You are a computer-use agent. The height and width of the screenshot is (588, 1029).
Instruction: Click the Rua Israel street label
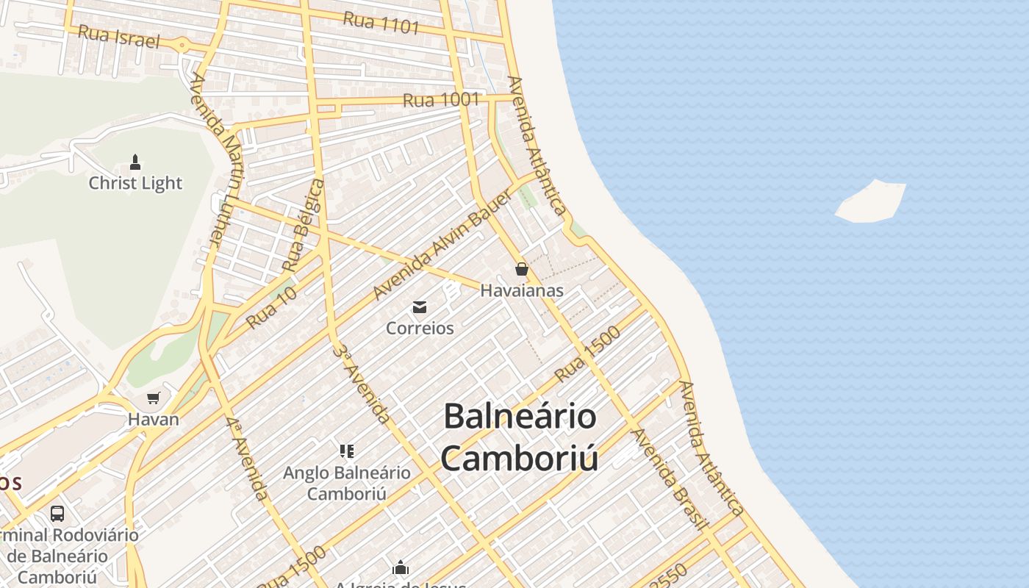pos(118,36)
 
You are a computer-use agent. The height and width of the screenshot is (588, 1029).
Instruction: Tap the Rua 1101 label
pos(381,23)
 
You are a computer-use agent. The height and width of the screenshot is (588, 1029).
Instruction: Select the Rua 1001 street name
pos(441,100)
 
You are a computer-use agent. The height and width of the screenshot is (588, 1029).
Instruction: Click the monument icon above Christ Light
pos(135,162)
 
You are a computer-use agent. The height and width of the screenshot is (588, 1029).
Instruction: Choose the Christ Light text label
pos(135,183)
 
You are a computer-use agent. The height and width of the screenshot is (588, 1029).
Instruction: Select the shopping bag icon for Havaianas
pos(522,269)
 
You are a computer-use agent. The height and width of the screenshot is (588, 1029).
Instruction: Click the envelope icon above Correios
pos(420,307)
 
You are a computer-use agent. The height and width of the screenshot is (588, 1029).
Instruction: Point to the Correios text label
pos(420,328)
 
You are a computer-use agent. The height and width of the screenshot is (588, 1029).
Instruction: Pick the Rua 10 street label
pos(271,307)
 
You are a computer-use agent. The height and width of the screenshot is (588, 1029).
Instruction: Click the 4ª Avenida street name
pos(247,459)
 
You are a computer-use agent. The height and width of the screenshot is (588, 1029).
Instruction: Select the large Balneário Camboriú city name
pos(519,437)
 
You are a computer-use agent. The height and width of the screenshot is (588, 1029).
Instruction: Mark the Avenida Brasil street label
pos(670,478)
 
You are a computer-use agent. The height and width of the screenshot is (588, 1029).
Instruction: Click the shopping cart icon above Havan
pos(154,398)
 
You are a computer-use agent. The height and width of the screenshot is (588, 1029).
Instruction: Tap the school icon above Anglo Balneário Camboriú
pos(347,451)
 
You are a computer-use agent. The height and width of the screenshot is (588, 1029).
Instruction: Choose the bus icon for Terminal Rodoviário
pos(57,513)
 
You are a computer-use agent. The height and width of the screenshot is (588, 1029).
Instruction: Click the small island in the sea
pos(871,201)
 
